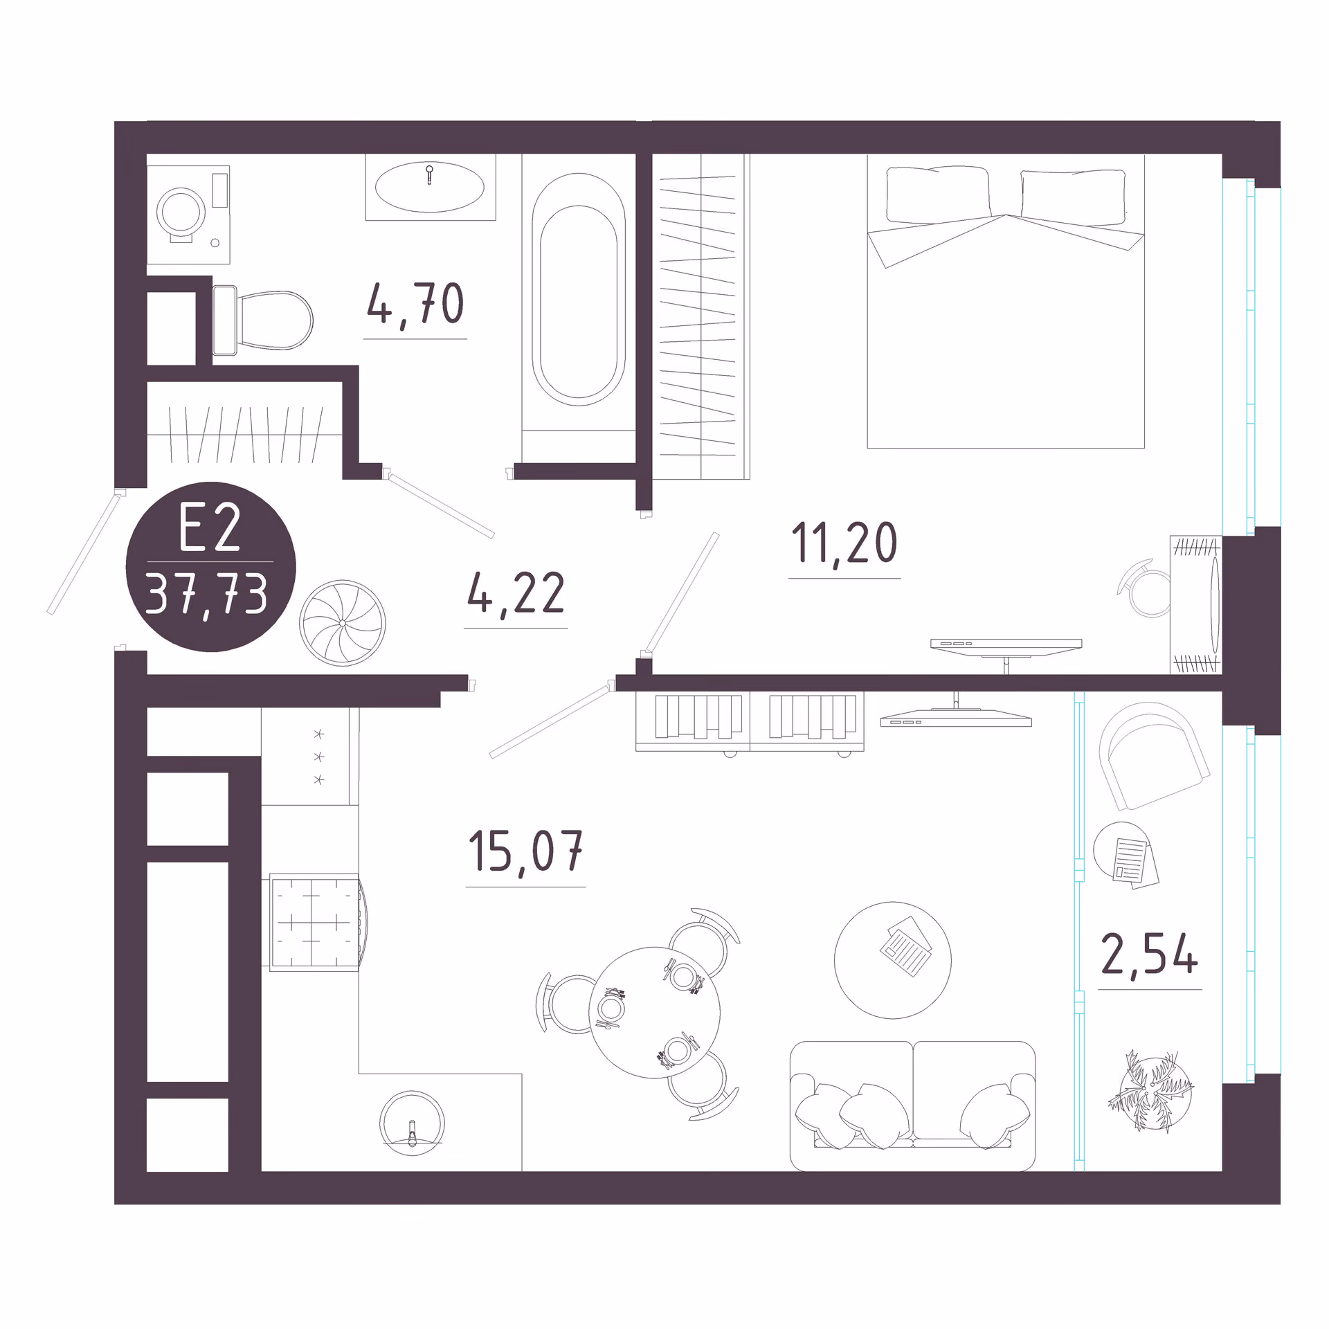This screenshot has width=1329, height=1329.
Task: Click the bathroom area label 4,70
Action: (415, 304)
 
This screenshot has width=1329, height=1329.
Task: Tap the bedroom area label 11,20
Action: (844, 543)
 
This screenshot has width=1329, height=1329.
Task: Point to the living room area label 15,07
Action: (526, 851)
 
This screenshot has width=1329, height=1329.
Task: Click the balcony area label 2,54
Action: (1150, 953)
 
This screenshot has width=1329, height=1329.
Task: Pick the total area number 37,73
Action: (207, 595)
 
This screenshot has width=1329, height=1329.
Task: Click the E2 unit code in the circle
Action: (210, 528)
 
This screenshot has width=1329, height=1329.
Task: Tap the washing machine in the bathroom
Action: (188, 215)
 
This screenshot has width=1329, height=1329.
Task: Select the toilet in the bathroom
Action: (262, 320)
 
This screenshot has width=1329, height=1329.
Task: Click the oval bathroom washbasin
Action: (429, 187)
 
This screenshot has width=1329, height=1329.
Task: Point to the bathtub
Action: (579, 289)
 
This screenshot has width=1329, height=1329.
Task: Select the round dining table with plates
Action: (654, 1013)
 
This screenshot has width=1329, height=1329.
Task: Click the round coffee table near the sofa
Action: (893, 960)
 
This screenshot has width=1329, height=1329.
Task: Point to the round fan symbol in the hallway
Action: (343, 623)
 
